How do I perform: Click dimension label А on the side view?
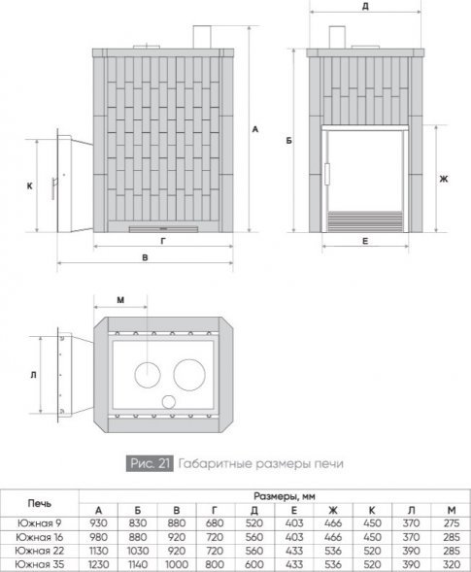255,129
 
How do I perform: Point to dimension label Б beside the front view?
289,141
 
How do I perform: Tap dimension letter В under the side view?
145,257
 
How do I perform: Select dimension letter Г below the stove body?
163,241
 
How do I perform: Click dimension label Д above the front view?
365,6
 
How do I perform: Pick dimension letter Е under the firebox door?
365,241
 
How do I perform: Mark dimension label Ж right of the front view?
444,179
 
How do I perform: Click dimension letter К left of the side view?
29,186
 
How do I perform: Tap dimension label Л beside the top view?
33,375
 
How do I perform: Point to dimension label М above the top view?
120,300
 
